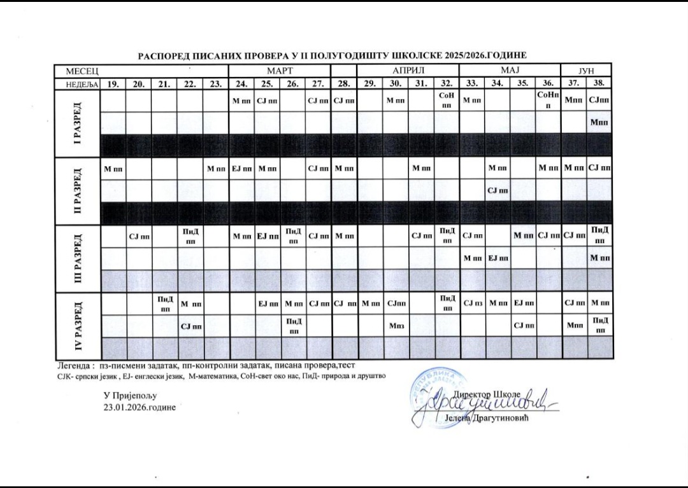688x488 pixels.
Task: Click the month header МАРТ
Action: tap(280, 69)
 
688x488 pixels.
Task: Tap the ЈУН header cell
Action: tap(585, 69)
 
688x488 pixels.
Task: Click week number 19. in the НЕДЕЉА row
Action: tap(113, 83)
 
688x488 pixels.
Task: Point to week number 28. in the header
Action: tap(344, 83)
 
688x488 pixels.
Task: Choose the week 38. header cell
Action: tap(599, 83)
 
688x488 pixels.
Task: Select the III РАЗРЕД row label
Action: tap(78, 258)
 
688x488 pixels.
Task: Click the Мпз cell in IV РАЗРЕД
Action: tap(395, 326)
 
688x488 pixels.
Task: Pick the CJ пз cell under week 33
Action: tap(472, 303)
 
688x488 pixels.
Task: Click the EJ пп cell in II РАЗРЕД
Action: tap(241, 169)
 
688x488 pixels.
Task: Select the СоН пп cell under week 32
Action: tap(446, 99)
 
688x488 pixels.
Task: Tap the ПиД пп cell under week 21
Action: tap(164, 303)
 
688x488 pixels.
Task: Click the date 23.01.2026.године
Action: tap(140, 407)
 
